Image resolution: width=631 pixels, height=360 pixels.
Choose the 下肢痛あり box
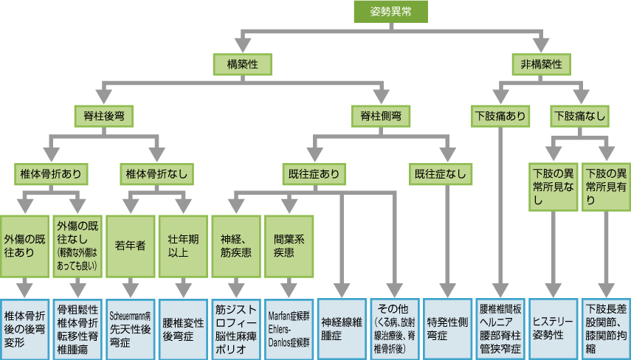click(x=501, y=116)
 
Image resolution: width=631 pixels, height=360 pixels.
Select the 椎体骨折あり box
click(x=50, y=175)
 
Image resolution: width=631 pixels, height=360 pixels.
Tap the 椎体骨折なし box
click(x=156, y=175)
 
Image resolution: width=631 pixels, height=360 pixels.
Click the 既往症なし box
click(x=445, y=175)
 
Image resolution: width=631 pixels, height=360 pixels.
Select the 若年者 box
click(x=130, y=244)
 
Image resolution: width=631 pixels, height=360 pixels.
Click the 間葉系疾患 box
click(x=289, y=244)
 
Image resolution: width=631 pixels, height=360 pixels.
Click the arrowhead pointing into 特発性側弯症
click(x=447, y=288)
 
